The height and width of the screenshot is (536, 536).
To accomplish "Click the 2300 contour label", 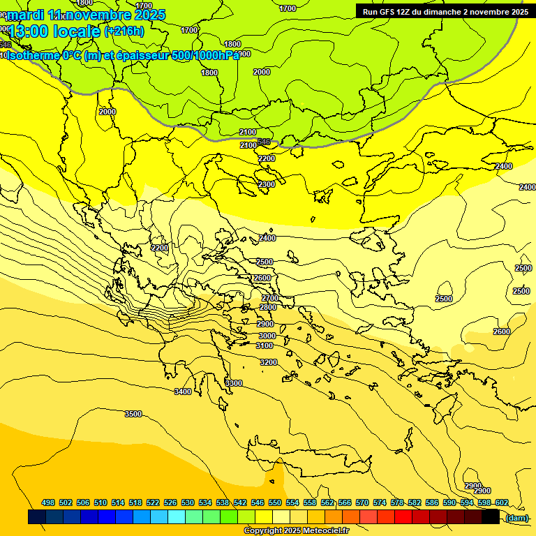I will coord(267,184).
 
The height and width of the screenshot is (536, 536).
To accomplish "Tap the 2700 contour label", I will coord(270,298).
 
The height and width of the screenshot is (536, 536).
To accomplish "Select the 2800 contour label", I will coord(267,307).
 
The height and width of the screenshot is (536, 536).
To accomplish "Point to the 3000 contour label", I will coord(266,336).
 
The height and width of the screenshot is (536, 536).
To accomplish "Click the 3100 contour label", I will coord(265,345).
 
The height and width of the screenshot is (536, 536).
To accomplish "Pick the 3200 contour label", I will coord(268,362).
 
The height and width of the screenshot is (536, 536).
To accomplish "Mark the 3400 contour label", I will coord(183,392).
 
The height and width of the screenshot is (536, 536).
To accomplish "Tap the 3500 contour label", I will coord(133,414).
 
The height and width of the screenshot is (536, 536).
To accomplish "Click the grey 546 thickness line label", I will coord(264,142).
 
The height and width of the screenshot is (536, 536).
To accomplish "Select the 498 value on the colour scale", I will coord(48,502).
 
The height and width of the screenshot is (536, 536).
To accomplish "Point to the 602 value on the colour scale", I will coord(501,502).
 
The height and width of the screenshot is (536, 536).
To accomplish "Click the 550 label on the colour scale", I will coord(275,502).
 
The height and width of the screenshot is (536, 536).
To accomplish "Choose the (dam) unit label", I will coord(516,517).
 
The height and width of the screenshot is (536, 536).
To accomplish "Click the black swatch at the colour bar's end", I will coord(491,517).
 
